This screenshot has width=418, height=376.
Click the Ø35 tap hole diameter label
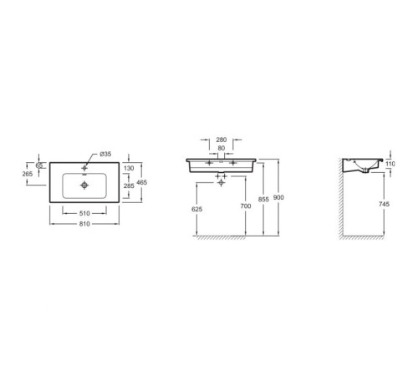pyautogui.click(x=105, y=154)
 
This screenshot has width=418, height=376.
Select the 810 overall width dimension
pyautogui.click(x=84, y=224)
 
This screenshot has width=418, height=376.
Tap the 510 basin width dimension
pyautogui.click(x=84, y=213)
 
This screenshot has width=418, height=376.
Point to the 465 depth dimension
pyautogui.click(x=142, y=183)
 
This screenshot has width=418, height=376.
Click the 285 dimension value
pyautogui.click(x=129, y=186)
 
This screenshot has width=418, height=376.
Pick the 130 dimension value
pyautogui.click(x=129, y=168)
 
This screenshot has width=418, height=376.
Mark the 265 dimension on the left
pyautogui.click(x=28, y=174)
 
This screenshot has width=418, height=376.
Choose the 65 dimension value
pyautogui.click(x=39, y=165)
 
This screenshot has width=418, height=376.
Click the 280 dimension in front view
pyautogui.click(x=222, y=140)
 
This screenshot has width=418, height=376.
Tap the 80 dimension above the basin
pyautogui.click(x=222, y=149)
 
